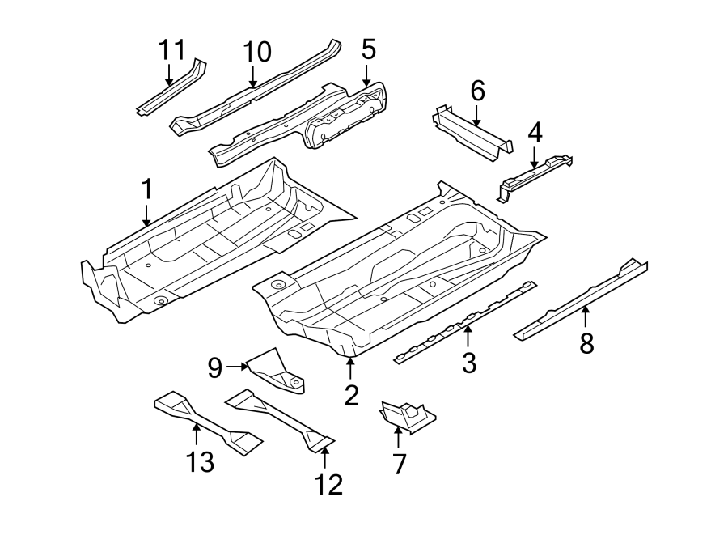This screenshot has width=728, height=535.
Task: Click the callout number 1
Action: [146, 190]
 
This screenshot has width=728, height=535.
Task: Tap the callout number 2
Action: [350, 395]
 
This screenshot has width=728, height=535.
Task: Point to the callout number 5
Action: [368, 50]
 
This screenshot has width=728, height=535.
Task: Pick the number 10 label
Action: [256, 53]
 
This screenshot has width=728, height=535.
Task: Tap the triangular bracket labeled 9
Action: [277, 372]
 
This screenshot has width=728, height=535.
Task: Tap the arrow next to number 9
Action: [238, 367]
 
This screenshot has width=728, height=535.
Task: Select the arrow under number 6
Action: [477, 116]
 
